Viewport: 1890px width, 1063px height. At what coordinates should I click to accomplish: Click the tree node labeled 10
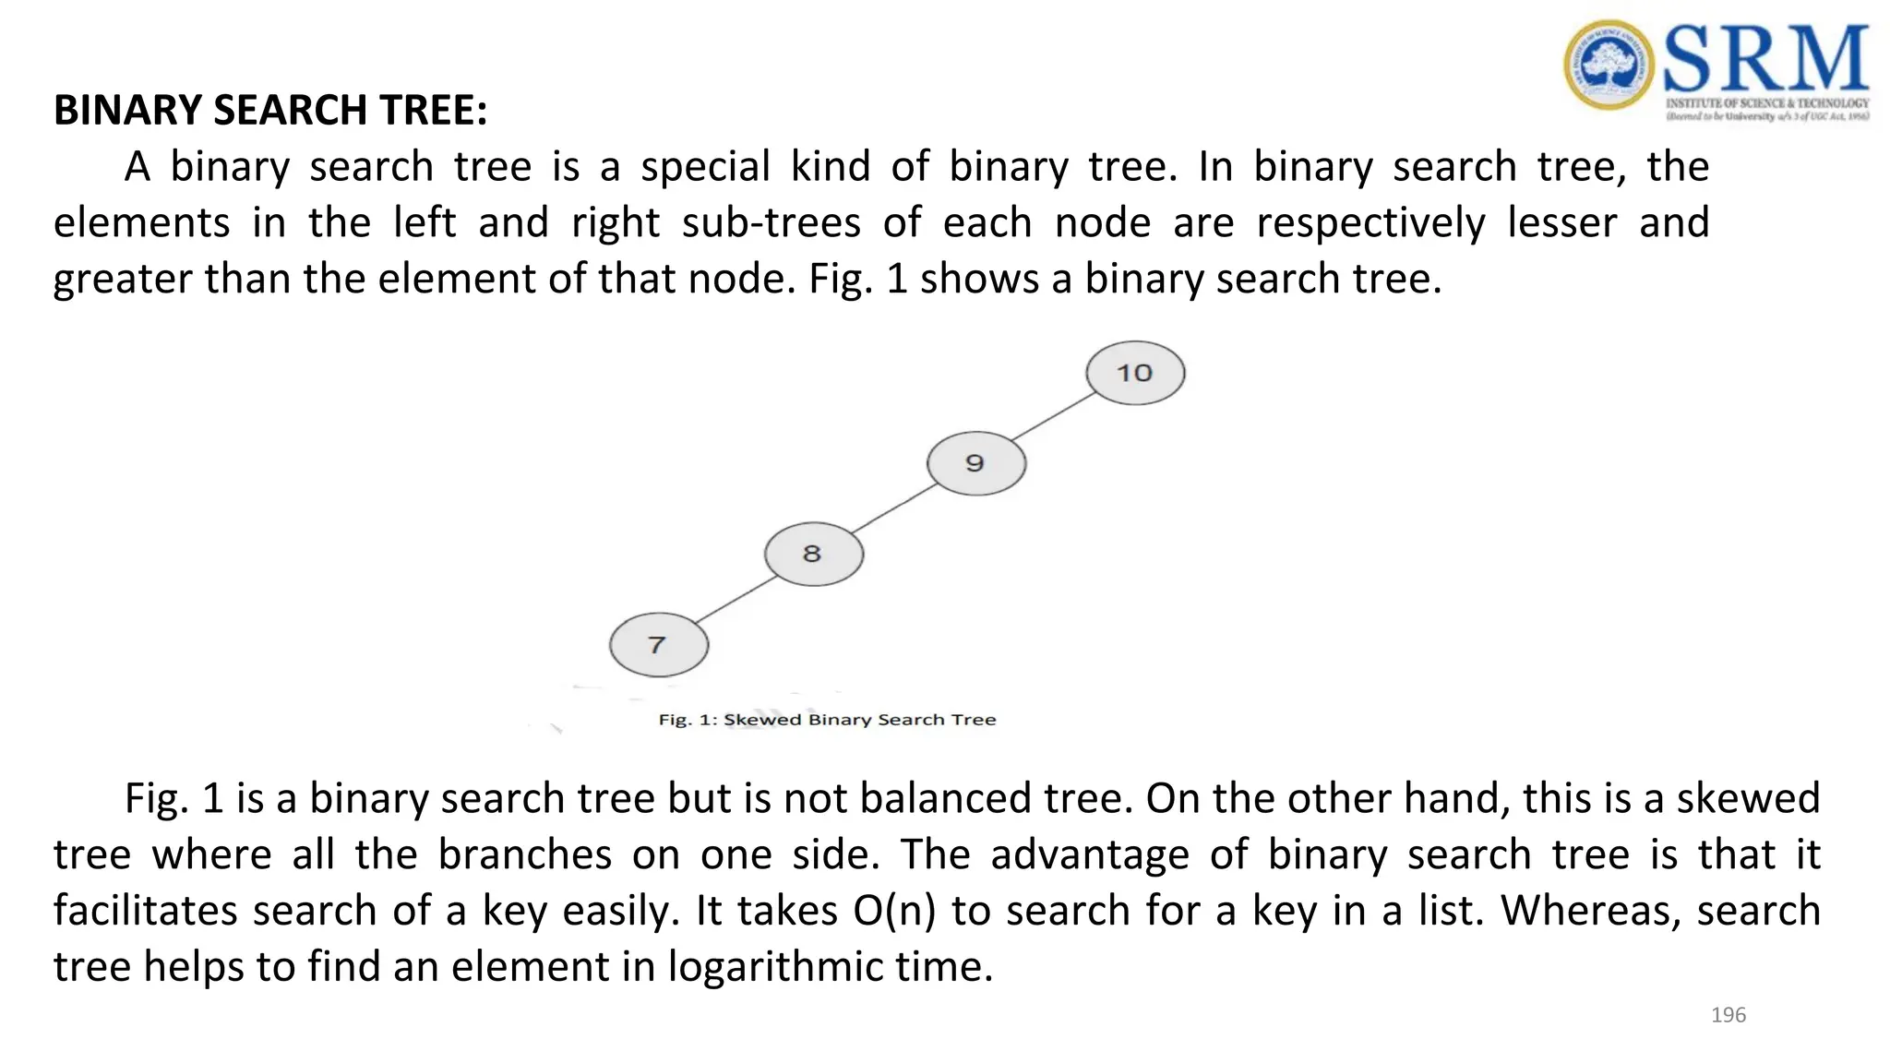(1135, 373)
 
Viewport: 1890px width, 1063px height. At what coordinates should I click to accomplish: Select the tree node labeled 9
(975, 463)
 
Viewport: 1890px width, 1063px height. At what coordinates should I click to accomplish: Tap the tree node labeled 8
(813, 554)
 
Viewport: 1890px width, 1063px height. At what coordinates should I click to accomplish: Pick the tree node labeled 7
(658, 644)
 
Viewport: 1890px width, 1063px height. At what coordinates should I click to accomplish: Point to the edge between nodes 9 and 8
(894, 508)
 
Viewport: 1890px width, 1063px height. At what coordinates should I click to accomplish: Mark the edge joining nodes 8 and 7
(736, 599)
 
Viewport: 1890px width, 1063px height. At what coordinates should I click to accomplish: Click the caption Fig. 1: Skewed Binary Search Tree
(827, 720)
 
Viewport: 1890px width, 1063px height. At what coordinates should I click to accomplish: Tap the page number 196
(1728, 1015)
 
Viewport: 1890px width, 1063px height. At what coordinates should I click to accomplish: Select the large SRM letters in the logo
(1766, 57)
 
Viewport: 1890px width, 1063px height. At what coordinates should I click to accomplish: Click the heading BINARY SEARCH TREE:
(270, 111)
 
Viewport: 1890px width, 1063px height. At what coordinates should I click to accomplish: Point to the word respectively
(1370, 223)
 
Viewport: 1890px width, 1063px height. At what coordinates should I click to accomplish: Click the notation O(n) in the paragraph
(893, 911)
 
